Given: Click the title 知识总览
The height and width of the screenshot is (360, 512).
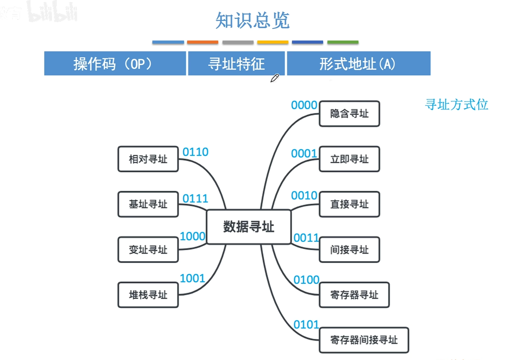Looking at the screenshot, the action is coord(253,21).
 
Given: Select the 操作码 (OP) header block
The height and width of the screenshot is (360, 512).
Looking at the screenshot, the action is coord(115,63).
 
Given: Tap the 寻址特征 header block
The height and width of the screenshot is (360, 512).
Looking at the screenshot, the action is coord(236,63).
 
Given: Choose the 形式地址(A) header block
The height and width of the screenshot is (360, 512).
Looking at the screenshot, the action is coord(359,63).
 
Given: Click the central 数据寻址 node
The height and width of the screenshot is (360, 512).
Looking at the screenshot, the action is coord(249,227).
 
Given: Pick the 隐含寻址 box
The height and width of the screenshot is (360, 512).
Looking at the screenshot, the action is coord(349,113).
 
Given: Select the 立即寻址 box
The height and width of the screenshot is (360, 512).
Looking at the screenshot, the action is coord(349,159).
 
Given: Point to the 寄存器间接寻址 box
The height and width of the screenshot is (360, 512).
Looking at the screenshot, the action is coord(364,340).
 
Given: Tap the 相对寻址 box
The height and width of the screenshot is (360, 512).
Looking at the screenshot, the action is coord(148,159).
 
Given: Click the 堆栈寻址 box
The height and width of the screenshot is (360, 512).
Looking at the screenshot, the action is coord(148,295).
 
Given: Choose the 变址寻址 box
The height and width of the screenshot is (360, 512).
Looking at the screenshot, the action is coord(148,250).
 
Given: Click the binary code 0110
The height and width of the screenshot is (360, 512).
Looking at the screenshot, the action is coord(196,152).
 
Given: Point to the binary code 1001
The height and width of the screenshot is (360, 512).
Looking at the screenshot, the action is coord(192,278).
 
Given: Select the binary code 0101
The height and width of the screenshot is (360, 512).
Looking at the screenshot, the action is coord(306,324).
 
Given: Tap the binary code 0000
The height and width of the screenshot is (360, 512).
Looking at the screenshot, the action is coord(304,105).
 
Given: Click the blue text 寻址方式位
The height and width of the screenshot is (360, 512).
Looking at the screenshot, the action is coord(456,105).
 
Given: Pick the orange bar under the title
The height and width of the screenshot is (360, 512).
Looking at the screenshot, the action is coord(202,42).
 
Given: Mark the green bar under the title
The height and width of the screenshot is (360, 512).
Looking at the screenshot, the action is coord(343,42).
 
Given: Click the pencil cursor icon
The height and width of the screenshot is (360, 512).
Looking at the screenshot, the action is coord(275,78).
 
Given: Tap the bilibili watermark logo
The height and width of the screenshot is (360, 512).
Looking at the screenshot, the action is coord(53,13).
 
